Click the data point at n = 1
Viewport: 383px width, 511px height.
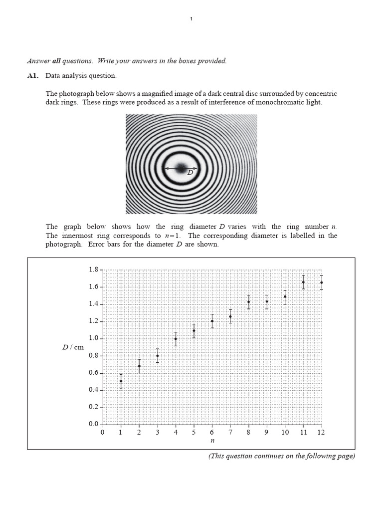[121, 381]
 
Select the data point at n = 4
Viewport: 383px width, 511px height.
[176, 339]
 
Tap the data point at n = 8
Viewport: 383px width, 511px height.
[248, 302]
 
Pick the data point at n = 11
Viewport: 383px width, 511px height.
[303, 282]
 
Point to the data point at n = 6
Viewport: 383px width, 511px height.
[212, 321]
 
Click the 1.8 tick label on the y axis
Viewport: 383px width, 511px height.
[93, 270]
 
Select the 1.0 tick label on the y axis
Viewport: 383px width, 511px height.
[93, 339]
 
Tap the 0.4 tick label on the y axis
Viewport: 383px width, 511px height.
[93, 390]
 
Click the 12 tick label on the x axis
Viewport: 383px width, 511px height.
[321, 433]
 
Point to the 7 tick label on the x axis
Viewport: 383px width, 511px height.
[230, 433]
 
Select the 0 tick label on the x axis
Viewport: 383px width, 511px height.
[103, 433]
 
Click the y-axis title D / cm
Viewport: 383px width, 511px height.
[73, 347]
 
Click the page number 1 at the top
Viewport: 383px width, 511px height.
[191, 19]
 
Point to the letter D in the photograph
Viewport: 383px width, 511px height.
[190, 173]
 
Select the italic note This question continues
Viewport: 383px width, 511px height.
[282, 456]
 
